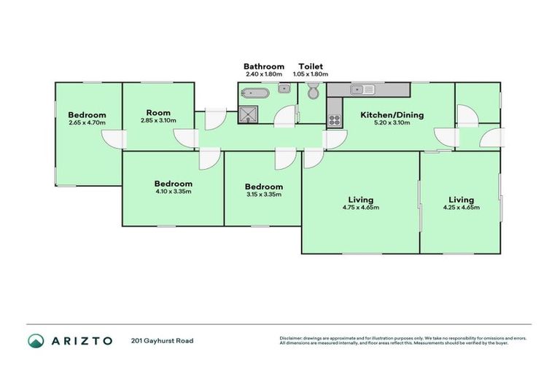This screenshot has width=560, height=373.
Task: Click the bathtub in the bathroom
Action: coord(254,93)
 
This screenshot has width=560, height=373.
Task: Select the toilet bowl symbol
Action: coord(313,92)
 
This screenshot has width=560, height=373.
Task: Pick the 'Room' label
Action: coord(157,112)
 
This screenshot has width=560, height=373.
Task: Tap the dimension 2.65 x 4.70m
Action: coord(87,122)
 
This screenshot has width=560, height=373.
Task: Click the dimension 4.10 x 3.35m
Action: coord(173,192)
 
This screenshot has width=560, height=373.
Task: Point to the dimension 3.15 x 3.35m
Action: coord(262,195)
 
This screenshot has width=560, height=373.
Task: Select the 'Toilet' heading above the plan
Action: coord(311,66)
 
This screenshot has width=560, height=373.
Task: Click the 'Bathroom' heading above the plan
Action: coord(264,66)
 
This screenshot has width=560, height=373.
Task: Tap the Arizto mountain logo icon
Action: coord(36,341)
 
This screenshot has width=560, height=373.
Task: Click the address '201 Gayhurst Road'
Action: coord(163,341)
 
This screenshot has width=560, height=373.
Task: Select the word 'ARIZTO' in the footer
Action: coord(82,341)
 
